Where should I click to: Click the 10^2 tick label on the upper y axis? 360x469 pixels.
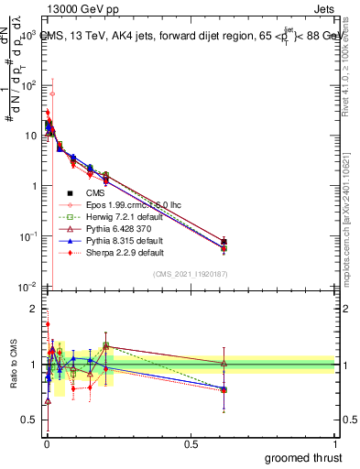[x=27, y=85]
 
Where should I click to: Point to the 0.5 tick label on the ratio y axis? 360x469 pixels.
[x=27, y=420]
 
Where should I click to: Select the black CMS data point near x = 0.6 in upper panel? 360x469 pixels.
[x=224, y=242]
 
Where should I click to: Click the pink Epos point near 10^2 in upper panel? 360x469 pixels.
[x=52, y=93]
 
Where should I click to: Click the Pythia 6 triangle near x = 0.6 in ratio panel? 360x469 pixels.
[x=224, y=364]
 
